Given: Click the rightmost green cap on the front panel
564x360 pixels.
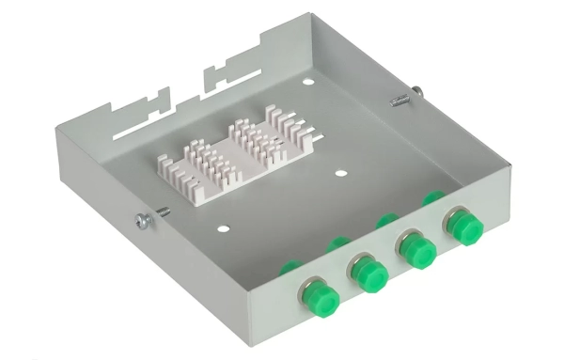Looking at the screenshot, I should click(x=460, y=227).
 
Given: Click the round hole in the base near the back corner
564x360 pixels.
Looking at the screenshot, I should click(x=307, y=82).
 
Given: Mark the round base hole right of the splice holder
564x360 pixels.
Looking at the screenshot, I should click(x=340, y=175).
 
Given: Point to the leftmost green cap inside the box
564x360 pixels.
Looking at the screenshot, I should click(x=290, y=267).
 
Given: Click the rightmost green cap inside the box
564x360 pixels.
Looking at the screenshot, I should click(x=433, y=198).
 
